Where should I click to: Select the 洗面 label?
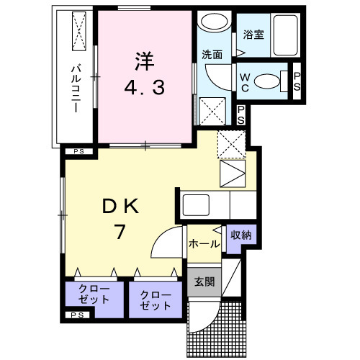(211, 54)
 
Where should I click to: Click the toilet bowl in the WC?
(269, 81)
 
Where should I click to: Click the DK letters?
(120, 207)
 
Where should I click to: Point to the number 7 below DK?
(120, 233)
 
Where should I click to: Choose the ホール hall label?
(204, 244)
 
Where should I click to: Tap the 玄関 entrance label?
(204, 282)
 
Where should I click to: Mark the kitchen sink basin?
(195, 205)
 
